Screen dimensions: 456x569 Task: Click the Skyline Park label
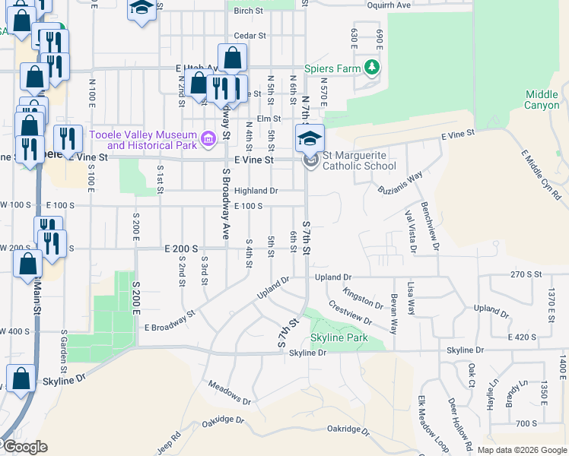(x=339, y=337)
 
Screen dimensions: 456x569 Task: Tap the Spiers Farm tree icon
(x=372, y=68)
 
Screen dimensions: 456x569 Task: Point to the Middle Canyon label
(x=542, y=100)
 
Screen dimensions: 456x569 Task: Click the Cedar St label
(x=250, y=35)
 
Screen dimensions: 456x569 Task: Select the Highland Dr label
(x=256, y=191)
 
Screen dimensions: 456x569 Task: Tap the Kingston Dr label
(x=361, y=296)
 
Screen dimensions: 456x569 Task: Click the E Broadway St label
(x=170, y=320)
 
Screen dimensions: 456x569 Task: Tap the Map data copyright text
(x=513, y=450)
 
